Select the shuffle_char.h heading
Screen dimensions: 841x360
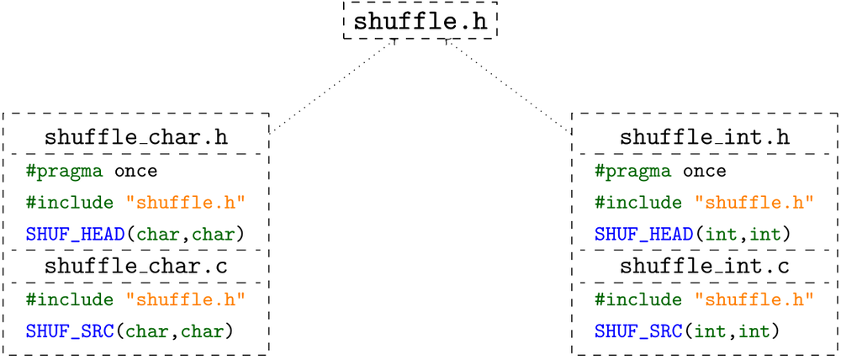pos(135,137)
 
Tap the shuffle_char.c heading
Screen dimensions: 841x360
pos(135,267)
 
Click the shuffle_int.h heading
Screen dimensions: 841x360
pos(704,137)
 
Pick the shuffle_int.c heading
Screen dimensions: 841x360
pos(704,267)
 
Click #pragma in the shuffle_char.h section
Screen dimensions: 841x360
pos(64,172)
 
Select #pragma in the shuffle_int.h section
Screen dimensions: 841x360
pos(632,172)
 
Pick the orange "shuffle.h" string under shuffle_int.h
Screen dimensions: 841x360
pos(754,203)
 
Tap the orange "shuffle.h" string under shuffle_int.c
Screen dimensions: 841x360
pos(754,299)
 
